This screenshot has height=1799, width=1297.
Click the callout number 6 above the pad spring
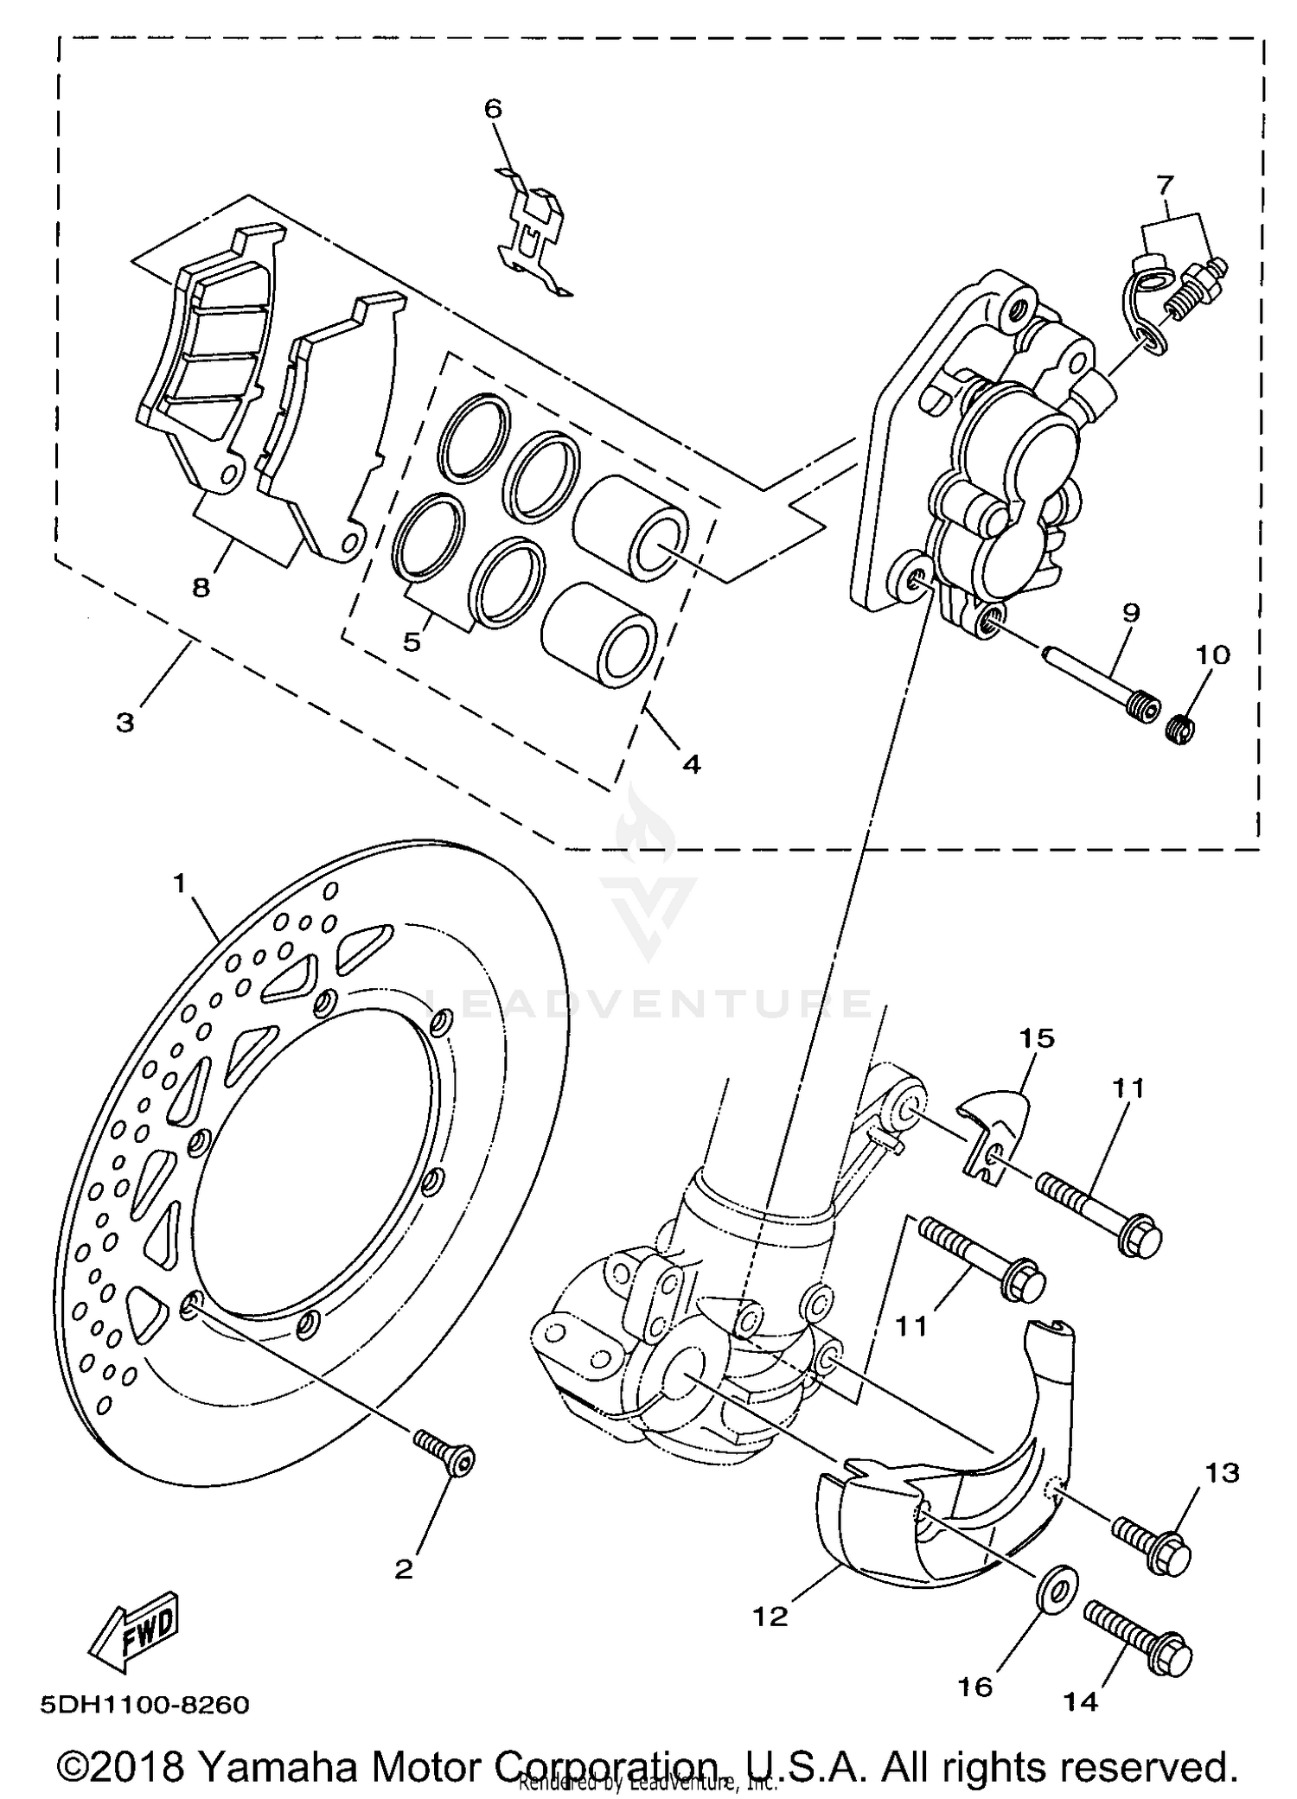(x=492, y=109)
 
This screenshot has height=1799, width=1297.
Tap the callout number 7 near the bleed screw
(x=1165, y=184)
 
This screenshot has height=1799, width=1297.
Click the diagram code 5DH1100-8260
(x=144, y=1705)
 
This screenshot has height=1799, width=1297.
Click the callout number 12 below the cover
(x=770, y=1616)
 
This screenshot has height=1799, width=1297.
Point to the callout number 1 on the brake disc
(x=180, y=884)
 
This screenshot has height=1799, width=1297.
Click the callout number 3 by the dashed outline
(x=125, y=722)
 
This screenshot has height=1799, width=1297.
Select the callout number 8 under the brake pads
(x=201, y=588)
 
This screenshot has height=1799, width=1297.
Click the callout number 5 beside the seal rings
(x=412, y=642)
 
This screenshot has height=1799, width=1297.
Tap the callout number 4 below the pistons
(x=691, y=764)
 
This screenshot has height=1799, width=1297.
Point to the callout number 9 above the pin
(x=1131, y=613)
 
